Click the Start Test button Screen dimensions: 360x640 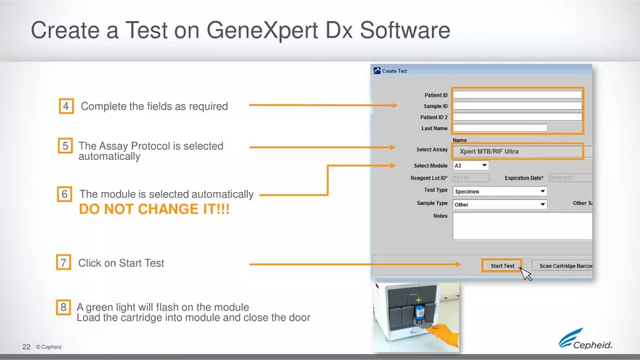tap(502, 266)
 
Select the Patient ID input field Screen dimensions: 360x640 tap(517, 95)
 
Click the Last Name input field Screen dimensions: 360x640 tap(499, 128)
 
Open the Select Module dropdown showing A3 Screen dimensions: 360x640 tap(471, 166)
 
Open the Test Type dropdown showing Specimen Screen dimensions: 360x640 tap(499, 191)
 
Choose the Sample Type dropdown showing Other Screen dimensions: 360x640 tap(499, 205)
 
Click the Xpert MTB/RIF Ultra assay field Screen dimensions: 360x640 tap(517, 152)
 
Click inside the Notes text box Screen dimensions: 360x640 tap(521, 226)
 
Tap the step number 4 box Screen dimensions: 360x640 tap(66, 107)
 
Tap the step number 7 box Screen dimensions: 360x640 tap(65, 263)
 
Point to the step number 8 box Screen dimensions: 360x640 tap(65, 307)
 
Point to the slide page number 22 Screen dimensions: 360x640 tap(26, 347)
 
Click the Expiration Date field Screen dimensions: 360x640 tap(570, 178)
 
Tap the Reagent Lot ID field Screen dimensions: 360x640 tap(471, 178)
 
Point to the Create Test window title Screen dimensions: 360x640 tap(395, 71)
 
